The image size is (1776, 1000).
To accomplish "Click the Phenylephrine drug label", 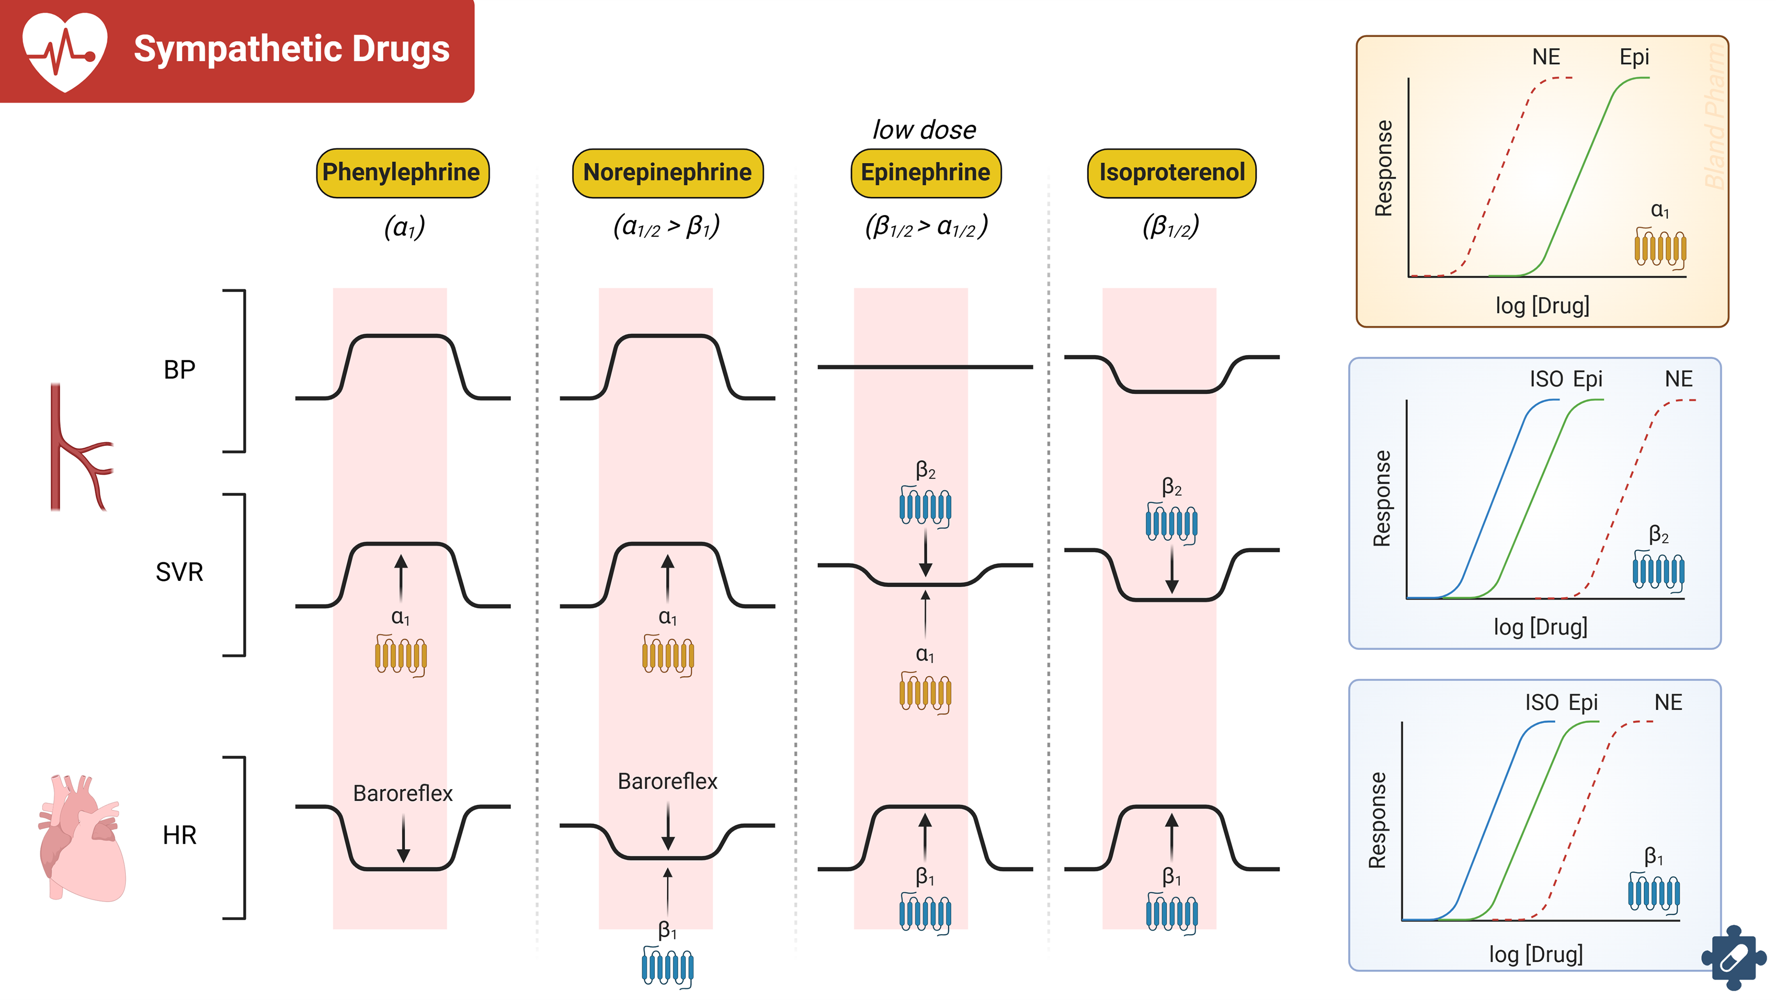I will [x=402, y=173].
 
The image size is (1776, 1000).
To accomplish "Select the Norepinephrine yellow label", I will [x=667, y=173].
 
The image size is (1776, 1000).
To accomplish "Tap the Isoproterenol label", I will [x=1172, y=173].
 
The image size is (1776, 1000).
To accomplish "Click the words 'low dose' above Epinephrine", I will [x=924, y=130].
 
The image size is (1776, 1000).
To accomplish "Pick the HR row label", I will [x=179, y=836].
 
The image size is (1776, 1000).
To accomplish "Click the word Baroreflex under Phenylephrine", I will [x=403, y=793].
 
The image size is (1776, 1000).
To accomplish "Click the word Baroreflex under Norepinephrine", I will [x=667, y=781].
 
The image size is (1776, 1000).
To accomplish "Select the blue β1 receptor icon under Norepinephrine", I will [x=667, y=967].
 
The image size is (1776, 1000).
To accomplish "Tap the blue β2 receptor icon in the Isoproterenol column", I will [x=1172, y=524].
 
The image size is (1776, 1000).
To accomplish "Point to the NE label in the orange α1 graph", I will [x=1546, y=57].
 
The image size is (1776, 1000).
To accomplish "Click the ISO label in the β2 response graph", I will [x=1546, y=379].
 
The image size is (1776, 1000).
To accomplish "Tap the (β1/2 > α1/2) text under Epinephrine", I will [x=926, y=226].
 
